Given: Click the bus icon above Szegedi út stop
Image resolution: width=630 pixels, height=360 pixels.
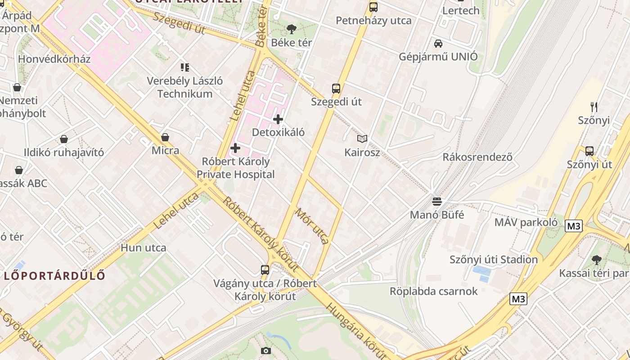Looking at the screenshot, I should [x=336, y=88].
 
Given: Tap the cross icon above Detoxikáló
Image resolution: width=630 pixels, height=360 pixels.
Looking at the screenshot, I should [x=278, y=119].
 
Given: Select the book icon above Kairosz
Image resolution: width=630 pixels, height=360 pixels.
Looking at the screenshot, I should [x=362, y=139].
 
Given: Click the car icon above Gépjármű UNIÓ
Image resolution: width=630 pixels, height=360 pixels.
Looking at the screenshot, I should [x=438, y=44].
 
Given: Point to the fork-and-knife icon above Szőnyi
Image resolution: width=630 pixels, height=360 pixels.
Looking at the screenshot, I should [x=594, y=107].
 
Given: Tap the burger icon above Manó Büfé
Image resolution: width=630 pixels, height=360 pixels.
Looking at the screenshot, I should [x=437, y=201].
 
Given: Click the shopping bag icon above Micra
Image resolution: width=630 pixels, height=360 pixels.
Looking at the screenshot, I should [x=165, y=137].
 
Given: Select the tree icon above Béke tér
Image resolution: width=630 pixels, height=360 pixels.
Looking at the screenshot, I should [x=292, y=30].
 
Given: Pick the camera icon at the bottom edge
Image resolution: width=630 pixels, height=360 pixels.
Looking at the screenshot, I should [x=266, y=351].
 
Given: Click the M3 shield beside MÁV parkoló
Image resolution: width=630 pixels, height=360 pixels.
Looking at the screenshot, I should [x=574, y=226].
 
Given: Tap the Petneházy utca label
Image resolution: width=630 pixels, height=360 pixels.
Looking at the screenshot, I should [x=373, y=21].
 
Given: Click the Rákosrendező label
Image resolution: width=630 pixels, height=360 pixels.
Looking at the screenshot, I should [x=477, y=157].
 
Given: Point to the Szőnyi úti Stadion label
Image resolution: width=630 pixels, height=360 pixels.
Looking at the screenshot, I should [x=494, y=260].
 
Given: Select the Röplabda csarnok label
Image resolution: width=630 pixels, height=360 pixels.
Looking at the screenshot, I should [x=433, y=292].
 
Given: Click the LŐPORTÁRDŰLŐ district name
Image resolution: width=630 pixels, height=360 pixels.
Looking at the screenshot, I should [x=54, y=275].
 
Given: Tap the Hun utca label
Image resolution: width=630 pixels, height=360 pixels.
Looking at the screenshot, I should [x=144, y=248].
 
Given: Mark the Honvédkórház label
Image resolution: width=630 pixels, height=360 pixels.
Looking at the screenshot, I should [x=54, y=59].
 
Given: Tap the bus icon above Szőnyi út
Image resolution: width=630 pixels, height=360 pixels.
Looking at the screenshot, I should [x=589, y=151].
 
